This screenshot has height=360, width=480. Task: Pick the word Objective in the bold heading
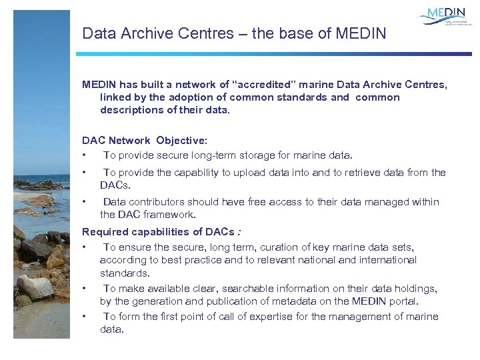pyautogui.click(x=181, y=141)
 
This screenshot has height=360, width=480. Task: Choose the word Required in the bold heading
pyautogui.click(x=105, y=232)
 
